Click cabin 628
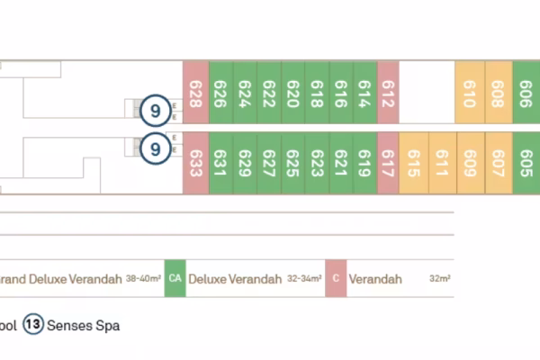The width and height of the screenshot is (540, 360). point(195,93)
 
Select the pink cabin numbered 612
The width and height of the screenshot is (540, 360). point(388,93)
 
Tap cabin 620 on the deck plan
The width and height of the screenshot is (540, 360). point(293,93)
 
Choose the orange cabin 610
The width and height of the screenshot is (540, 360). point(469,93)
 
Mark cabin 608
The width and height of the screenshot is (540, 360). point(498,93)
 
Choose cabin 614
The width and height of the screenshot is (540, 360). point(364,93)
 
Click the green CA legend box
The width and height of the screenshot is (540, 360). point(175,279)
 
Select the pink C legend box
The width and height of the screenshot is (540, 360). point(336,279)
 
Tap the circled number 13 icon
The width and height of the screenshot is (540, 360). point(33,325)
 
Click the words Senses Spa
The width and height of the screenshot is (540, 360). point(83,325)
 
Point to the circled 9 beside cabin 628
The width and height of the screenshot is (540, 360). point(155,112)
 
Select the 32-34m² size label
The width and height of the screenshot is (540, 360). point(304,279)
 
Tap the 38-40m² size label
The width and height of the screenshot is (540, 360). point(143,279)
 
